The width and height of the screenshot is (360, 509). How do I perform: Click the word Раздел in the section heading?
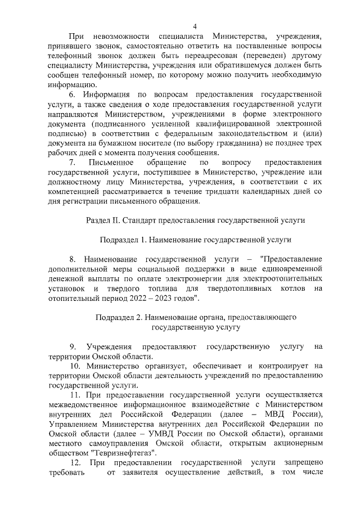coord(97,220)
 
